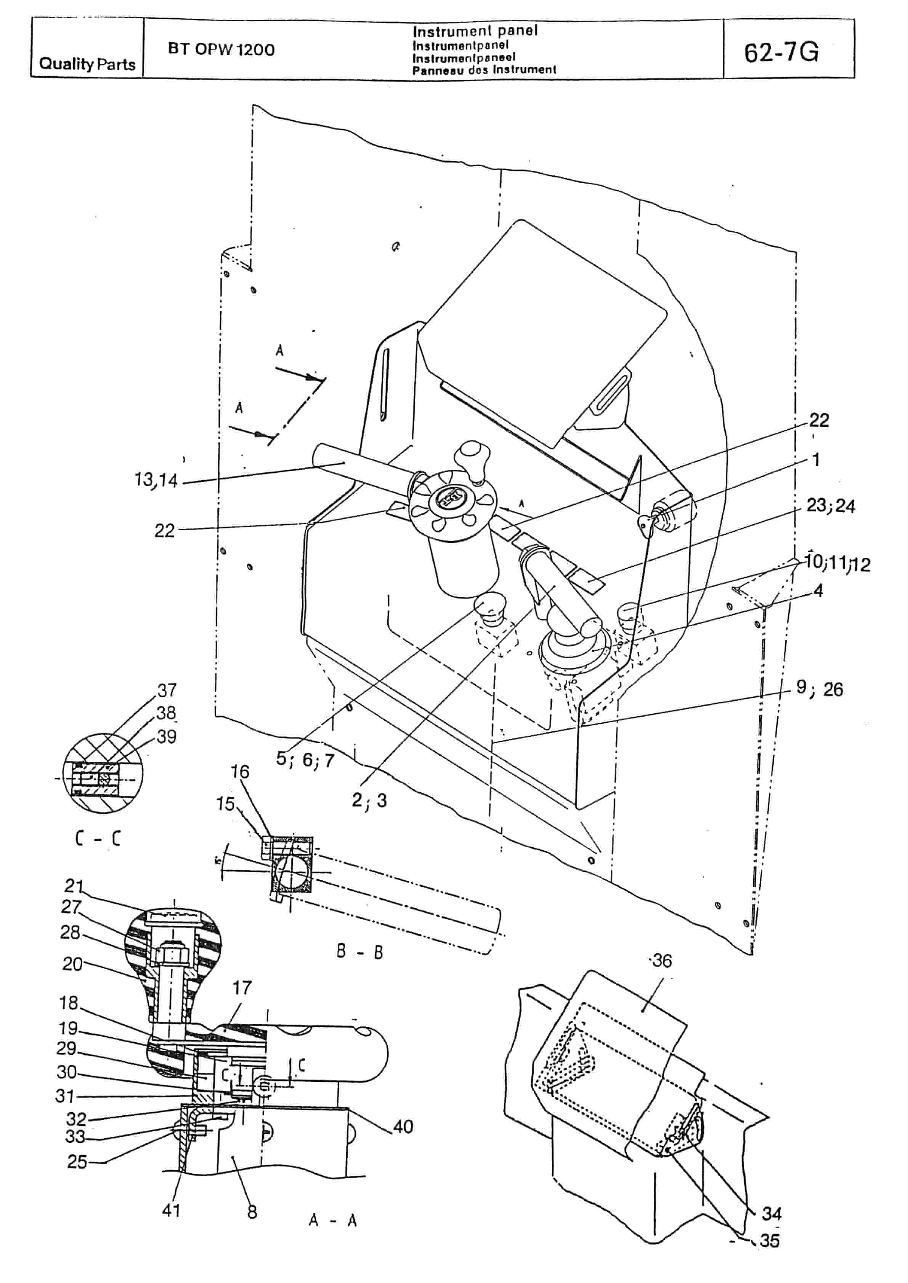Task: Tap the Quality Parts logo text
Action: pyautogui.click(x=87, y=64)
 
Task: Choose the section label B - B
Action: pyautogui.click(x=359, y=951)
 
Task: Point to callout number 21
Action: pyautogui.click(x=74, y=886)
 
